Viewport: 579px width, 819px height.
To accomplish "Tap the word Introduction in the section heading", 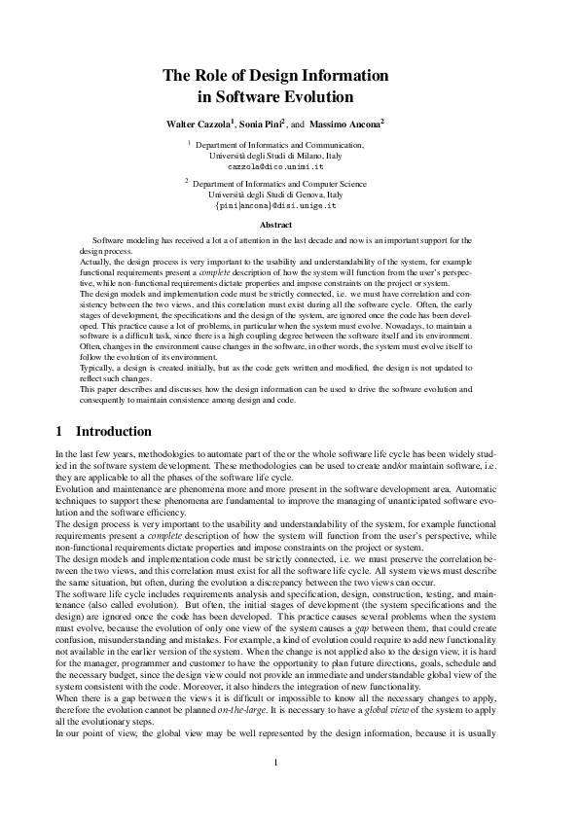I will (114, 430).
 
